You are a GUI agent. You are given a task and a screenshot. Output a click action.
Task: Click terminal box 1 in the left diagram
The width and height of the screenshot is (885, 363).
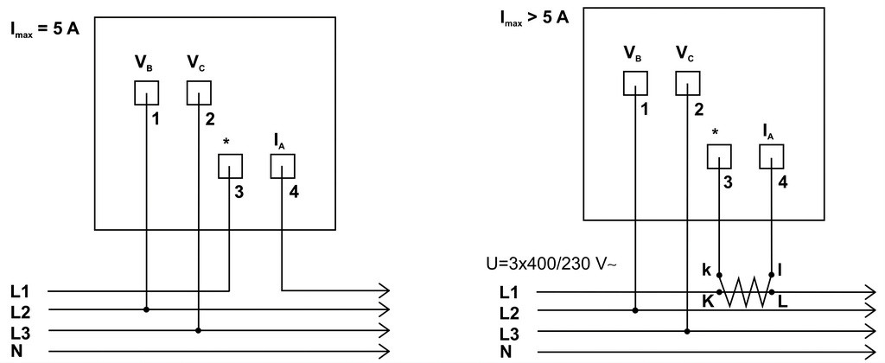tap(146, 92)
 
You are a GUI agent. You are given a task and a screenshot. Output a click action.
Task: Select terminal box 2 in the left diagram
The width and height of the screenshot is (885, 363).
tap(200, 92)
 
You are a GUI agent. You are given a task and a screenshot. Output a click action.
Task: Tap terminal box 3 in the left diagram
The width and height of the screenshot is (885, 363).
tap(230, 166)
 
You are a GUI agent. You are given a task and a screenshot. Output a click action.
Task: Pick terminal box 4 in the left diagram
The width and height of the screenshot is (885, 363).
tap(283, 166)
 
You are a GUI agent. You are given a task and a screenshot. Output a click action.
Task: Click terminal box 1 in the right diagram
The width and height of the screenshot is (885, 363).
tap(635, 84)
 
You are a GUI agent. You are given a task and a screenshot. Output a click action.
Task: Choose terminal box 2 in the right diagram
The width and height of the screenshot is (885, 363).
tap(688, 84)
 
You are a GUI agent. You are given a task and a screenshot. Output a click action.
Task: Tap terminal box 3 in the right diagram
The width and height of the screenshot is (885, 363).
tap(719, 156)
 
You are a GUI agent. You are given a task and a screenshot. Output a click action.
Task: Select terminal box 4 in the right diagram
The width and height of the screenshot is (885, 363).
tap(772, 156)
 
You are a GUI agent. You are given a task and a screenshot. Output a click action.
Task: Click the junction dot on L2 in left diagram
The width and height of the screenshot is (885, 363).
tap(146, 309)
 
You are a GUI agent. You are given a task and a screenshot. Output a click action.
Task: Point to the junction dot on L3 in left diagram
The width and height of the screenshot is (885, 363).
tap(199, 329)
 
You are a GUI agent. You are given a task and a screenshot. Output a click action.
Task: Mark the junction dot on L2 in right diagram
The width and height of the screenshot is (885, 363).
tap(635, 310)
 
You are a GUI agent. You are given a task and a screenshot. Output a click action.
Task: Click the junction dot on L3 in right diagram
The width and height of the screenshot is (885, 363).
tap(687, 331)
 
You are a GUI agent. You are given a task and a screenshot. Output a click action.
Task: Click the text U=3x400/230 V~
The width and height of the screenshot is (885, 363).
tap(551, 264)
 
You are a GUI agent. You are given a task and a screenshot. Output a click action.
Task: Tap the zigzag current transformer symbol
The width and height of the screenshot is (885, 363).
tap(745, 292)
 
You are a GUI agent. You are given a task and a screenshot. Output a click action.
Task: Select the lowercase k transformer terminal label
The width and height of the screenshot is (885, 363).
tap(707, 270)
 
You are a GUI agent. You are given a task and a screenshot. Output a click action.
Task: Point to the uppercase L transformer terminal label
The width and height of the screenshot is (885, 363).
tap(783, 302)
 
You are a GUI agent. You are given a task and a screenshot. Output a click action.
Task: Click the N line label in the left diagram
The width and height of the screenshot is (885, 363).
tap(16, 351)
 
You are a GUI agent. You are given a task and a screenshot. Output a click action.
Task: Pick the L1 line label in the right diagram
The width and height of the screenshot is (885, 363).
tap(508, 292)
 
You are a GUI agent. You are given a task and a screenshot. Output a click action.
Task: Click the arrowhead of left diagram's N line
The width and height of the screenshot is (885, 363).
tap(384, 351)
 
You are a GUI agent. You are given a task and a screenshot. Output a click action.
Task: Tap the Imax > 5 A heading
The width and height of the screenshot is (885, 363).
tap(534, 18)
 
